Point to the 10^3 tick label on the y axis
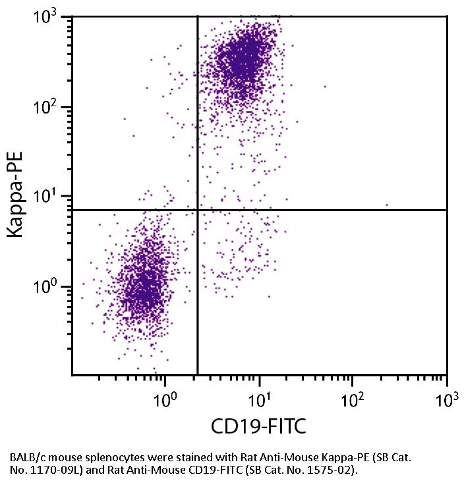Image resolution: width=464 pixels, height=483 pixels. tap(50, 18)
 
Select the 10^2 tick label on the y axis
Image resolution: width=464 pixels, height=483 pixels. tap(50, 107)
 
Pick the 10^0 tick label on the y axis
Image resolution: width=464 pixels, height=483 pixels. tap(50, 286)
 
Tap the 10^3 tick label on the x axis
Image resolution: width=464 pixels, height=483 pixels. tap(446, 398)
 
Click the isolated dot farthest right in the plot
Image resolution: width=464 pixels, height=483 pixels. tap(387, 205)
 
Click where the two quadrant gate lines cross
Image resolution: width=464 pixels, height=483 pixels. tap(198, 210)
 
